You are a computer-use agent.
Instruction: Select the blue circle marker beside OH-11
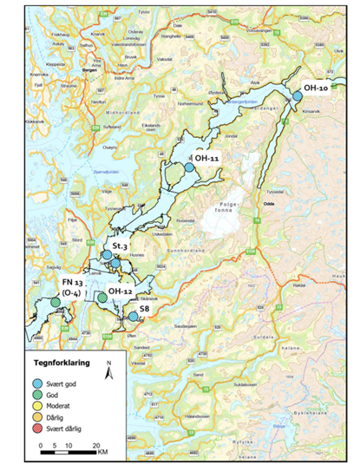tap(189, 167)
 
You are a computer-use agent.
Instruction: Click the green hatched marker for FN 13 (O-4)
tap(56, 302)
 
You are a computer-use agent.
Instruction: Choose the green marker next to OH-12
tap(102, 298)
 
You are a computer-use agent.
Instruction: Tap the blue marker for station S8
tap(132, 317)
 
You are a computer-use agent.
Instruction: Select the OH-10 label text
tap(316, 88)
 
